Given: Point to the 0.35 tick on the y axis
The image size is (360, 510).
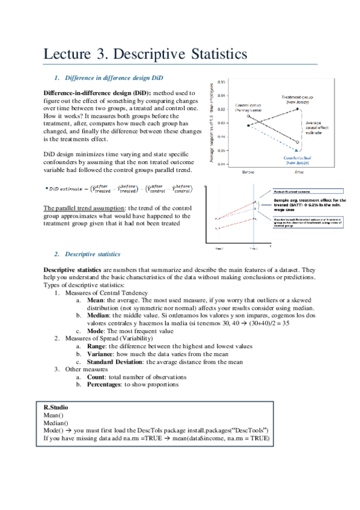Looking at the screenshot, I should pyautogui.click(x=222, y=81).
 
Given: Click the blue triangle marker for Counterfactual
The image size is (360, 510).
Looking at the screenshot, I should pyautogui.click(x=297, y=149).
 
